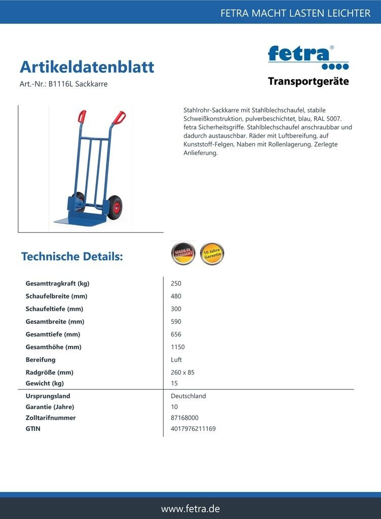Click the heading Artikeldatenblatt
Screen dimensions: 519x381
coord(87,67)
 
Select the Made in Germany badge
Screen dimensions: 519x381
coord(183,253)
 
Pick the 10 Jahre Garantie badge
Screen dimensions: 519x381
coord(212,253)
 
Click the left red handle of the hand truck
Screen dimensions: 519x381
coord(82,117)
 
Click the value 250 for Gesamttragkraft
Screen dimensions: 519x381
coord(176,284)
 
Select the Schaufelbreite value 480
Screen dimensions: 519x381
coord(176,296)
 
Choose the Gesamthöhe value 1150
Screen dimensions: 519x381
coord(178,347)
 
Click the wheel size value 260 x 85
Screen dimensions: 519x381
coord(183,373)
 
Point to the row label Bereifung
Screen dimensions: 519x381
coord(41,360)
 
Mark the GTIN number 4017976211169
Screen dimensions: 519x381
coord(193,429)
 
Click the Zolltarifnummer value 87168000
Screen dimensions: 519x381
coord(185,418)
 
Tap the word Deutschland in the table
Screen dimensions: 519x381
coord(188,396)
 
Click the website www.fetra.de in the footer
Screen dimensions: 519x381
coord(190,508)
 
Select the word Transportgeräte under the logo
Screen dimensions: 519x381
coord(308,82)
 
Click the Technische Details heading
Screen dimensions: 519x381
coord(72,256)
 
